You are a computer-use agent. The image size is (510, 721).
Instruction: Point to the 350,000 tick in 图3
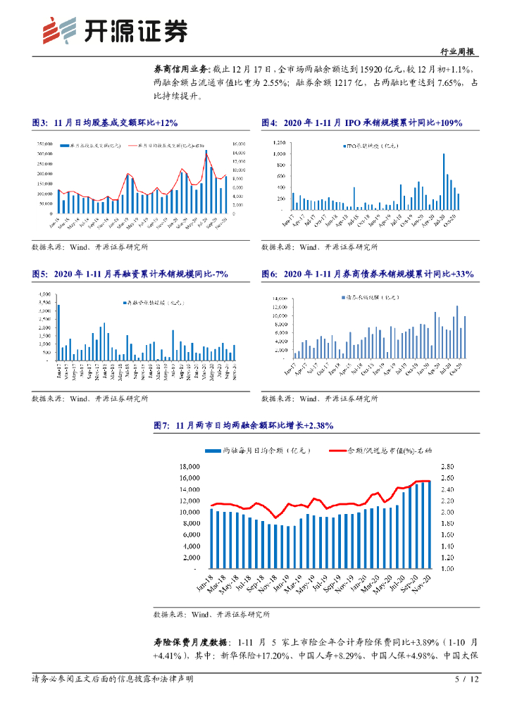click(x=44, y=142)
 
